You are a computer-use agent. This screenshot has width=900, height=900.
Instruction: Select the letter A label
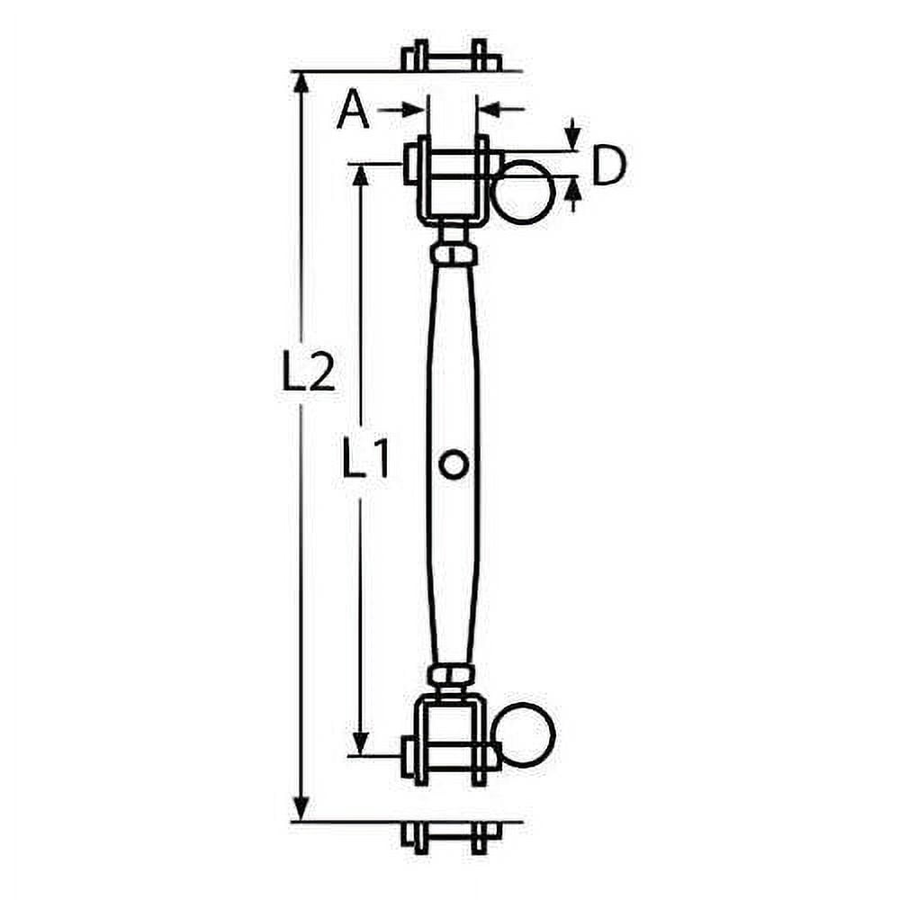(x=353, y=112)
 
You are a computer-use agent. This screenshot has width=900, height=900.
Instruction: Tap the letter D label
(x=608, y=166)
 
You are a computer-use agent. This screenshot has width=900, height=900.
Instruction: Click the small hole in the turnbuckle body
(x=453, y=464)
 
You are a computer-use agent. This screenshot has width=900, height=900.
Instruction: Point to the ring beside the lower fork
(x=525, y=736)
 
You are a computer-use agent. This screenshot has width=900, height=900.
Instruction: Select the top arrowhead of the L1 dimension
(x=360, y=175)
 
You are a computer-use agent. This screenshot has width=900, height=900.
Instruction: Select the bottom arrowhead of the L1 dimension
(x=360, y=743)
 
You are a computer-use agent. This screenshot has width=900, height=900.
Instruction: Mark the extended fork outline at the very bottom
(x=451, y=837)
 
